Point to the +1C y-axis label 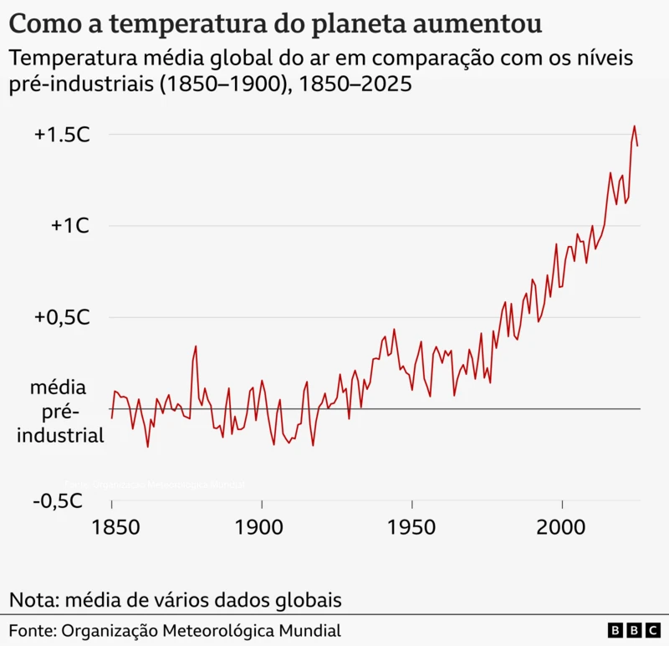point(69,226)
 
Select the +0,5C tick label point(62,318)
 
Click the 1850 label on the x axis point(111,528)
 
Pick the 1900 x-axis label point(262,528)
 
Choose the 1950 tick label point(412,528)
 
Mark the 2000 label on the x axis point(562,528)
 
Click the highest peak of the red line point(634,126)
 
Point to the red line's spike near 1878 point(196,346)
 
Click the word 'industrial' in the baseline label point(61,435)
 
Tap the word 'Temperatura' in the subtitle point(79,59)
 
